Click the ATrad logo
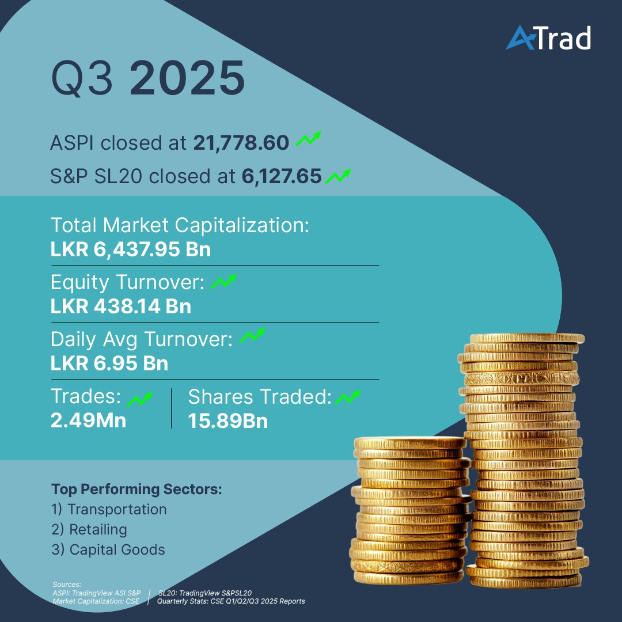[548, 39]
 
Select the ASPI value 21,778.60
[241, 143]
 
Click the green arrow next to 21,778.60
[308, 140]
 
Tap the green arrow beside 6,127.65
[338, 175]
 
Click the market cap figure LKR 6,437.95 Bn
[131, 251]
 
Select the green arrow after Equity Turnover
[223, 282]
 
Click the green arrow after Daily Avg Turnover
[252, 336]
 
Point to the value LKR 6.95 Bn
[109, 364]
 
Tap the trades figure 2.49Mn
[88, 420]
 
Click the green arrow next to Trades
[139, 398]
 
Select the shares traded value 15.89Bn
[227, 420]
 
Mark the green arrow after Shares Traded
[347, 397]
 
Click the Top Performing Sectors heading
[136, 490]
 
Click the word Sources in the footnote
[67, 585]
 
